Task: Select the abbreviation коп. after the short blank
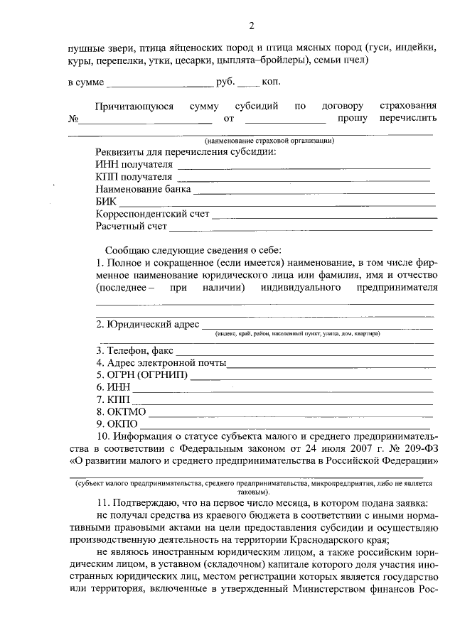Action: point(271,82)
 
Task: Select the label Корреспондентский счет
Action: point(152,214)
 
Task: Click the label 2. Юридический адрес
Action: point(147,325)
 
